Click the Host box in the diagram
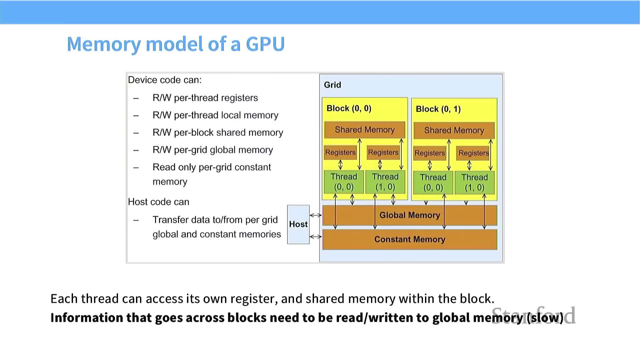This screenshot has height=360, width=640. pyautogui.click(x=298, y=224)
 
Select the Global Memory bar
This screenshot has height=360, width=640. pyautogui.click(x=410, y=215)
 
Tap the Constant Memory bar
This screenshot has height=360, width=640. pyautogui.click(x=410, y=239)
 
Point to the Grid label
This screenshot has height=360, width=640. pyautogui.click(x=332, y=85)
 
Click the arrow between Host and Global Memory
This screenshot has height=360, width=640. pyautogui.click(x=316, y=215)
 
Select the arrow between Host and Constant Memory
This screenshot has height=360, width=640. pyautogui.click(x=316, y=237)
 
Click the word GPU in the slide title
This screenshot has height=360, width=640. pyautogui.click(x=265, y=44)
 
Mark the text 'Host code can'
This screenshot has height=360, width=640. pyautogui.click(x=159, y=202)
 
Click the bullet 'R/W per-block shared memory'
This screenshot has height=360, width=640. pyautogui.click(x=218, y=133)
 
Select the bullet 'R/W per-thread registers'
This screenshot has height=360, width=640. pyautogui.click(x=205, y=98)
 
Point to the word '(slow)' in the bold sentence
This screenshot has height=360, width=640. pyautogui.click(x=545, y=318)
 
